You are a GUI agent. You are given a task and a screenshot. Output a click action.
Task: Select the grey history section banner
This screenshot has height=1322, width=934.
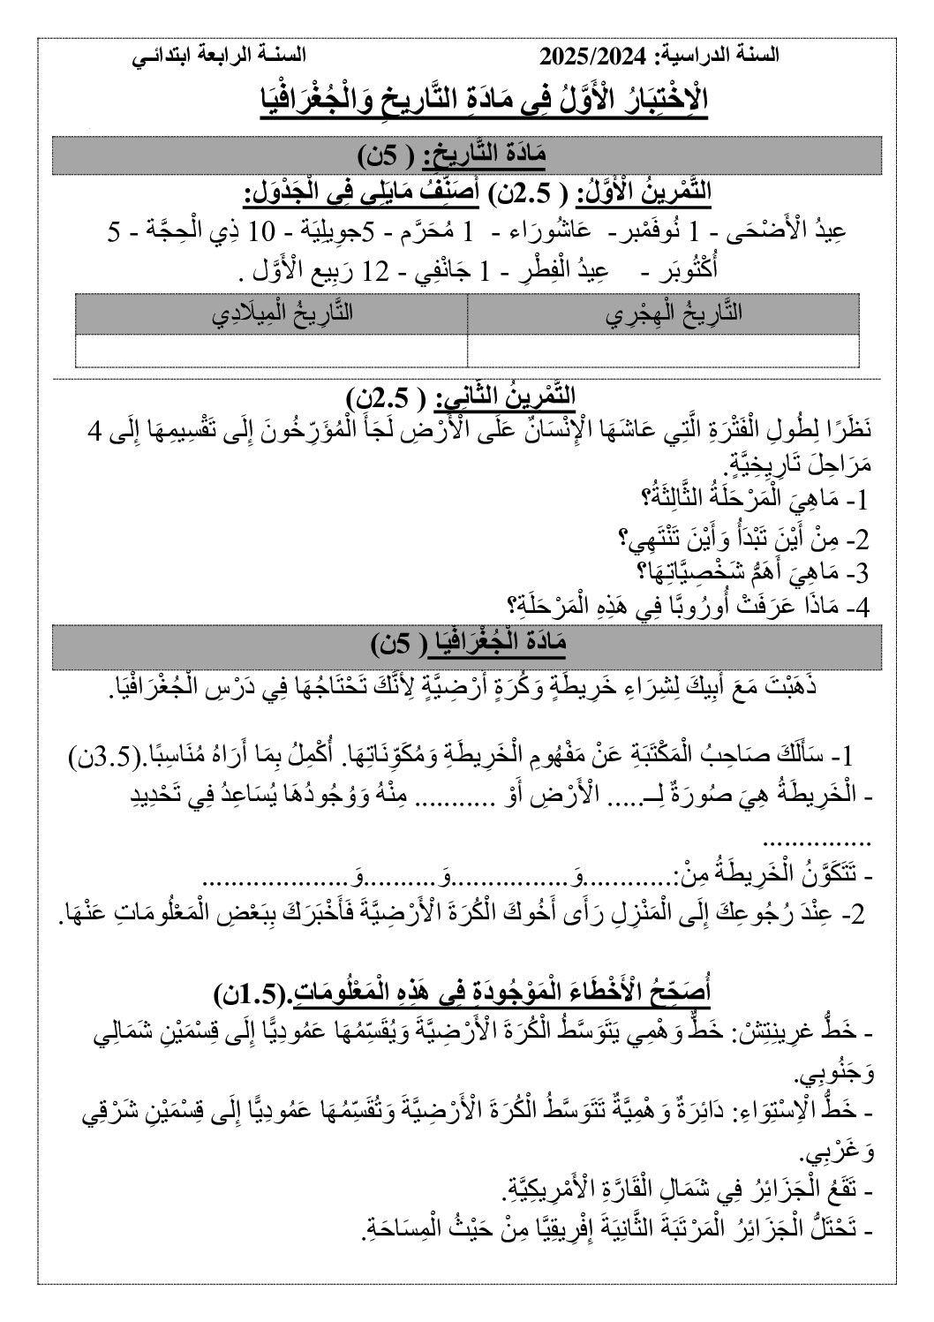click(467, 156)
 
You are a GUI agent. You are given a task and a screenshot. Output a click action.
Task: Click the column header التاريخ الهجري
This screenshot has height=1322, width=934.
click(663, 314)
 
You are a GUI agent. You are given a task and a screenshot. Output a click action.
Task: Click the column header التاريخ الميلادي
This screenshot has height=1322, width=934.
click(271, 314)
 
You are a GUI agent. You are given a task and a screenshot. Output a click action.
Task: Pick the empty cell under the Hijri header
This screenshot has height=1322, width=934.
click(663, 350)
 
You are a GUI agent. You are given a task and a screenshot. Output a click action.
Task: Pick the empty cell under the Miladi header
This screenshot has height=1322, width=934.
click(271, 350)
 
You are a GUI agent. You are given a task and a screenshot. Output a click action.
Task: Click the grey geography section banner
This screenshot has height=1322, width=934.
click(467, 643)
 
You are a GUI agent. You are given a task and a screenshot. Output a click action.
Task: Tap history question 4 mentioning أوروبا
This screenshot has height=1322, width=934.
click(689, 608)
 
